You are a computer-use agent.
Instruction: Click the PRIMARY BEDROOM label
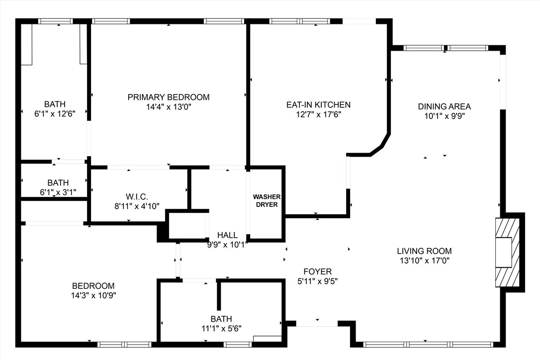[x=169, y=97]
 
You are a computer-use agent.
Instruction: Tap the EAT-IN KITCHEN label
[x=318, y=105]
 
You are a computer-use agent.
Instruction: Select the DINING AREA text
[x=444, y=106]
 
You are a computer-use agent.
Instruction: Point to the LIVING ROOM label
[x=424, y=251]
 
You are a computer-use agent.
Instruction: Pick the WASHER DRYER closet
[x=267, y=201]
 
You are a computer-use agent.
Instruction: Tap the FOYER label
[x=317, y=271]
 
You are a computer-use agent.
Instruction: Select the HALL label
[x=227, y=235]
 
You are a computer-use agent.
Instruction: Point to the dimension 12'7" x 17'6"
[x=318, y=114]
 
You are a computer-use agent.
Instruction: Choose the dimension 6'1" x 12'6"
[x=55, y=113]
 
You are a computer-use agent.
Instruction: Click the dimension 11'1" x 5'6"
[x=221, y=328]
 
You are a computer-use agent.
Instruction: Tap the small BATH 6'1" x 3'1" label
[x=58, y=183]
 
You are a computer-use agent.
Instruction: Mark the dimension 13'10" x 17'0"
[x=424, y=261]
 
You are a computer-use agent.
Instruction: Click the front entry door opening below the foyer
[x=317, y=324]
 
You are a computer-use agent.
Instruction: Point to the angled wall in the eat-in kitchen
[x=380, y=145]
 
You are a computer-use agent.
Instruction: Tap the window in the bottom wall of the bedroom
[x=124, y=344]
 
